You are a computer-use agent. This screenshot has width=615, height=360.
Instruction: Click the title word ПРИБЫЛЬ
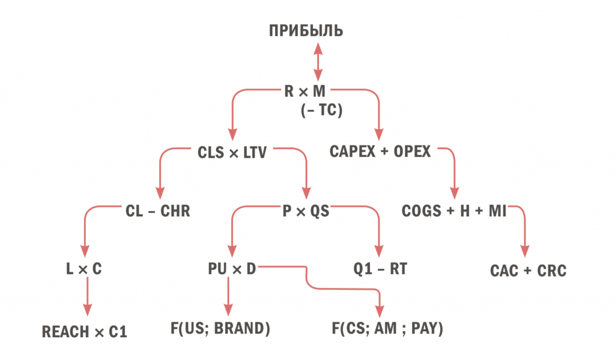tap(306, 31)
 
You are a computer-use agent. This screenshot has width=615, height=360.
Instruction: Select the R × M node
tap(304, 91)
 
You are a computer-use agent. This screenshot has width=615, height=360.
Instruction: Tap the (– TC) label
tap(322, 110)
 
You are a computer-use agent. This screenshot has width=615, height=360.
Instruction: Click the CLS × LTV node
tap(232, 152)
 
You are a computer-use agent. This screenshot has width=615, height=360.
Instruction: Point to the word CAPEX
tap(352, 151)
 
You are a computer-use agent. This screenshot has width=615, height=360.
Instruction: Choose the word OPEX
tap(412, 151)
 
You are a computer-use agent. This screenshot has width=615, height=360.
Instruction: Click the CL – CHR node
tap(158, 211)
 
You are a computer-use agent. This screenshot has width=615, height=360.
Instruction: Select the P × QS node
tap(306, 211)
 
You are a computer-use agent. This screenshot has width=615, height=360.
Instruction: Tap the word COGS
tap(421, 211)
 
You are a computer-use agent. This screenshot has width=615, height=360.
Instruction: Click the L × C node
tap(84, 269)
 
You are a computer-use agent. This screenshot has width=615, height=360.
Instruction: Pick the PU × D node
tap(232, 269)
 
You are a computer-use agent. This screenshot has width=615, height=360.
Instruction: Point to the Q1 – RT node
tap(380, 269)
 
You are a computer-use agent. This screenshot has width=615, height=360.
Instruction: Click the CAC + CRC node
tap(529, 271)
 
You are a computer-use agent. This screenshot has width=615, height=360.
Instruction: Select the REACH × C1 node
tap(85, 332)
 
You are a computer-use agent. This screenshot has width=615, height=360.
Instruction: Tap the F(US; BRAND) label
tap(220, 328)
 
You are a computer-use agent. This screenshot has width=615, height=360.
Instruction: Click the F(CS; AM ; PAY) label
tap(387, 328)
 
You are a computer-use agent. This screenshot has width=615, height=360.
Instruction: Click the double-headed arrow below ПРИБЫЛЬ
tap(318, 62)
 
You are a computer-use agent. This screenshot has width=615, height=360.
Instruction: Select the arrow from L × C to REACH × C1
tap(88, 296)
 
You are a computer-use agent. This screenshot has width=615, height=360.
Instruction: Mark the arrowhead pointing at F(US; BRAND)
tap(228, 310)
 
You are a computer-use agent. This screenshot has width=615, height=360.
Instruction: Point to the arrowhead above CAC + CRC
tap(525, 251)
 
